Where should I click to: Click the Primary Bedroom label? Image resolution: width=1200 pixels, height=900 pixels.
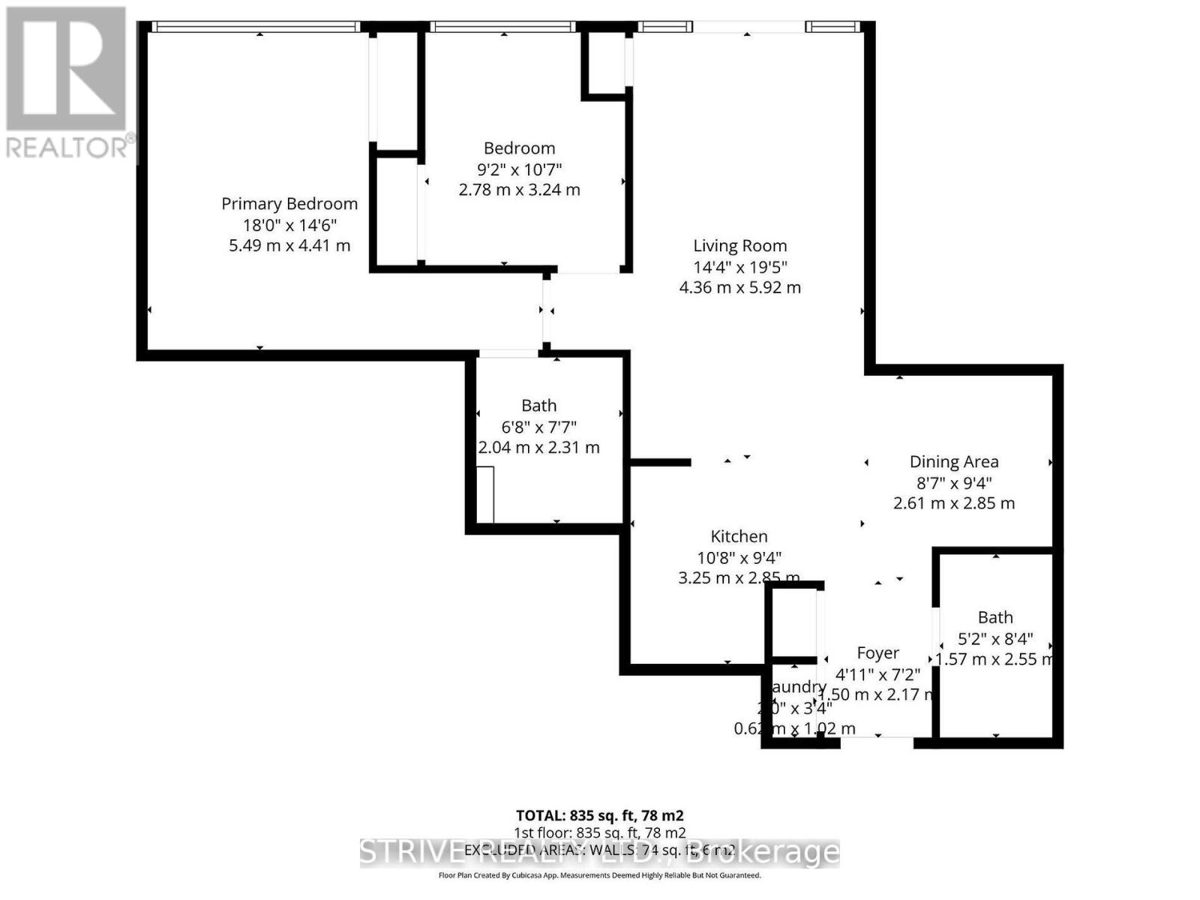click(289, 204)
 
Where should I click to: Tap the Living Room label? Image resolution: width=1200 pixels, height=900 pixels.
click(739, 246)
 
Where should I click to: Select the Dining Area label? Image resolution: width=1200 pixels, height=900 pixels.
click(954, 462)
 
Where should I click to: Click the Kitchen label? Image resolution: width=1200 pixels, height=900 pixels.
click(739, 536)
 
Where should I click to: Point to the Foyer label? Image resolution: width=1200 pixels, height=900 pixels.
click(877, 653)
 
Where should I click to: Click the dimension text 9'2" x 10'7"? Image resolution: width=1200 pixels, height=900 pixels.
click(519, 169)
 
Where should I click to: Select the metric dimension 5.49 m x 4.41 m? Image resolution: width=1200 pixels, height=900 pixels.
click(289, 245)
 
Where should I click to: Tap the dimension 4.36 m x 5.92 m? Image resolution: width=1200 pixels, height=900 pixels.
click(739, 287)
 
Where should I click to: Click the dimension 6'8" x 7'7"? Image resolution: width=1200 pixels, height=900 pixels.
click(538, 427)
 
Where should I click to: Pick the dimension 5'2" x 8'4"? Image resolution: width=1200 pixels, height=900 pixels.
click(995, 639)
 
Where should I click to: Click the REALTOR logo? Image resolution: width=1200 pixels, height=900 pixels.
click(67, 82)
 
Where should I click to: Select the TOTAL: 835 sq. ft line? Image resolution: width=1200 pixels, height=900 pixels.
click(599, 815)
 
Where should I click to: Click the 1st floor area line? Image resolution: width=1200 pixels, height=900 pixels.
click(599, 832)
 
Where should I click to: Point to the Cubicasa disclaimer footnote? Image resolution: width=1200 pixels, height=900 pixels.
click(599, 875)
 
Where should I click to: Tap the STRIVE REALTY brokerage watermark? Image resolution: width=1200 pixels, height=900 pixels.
click(599, 853)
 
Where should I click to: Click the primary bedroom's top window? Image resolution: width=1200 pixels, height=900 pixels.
click(255, 27)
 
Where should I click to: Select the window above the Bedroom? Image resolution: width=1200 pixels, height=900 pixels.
click(503, 27)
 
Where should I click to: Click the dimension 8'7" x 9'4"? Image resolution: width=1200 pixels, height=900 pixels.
click(954, 483)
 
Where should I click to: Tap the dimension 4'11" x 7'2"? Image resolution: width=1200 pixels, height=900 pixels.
click(877, 673)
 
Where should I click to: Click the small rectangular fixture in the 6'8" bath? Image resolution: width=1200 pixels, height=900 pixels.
click(485, 494)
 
